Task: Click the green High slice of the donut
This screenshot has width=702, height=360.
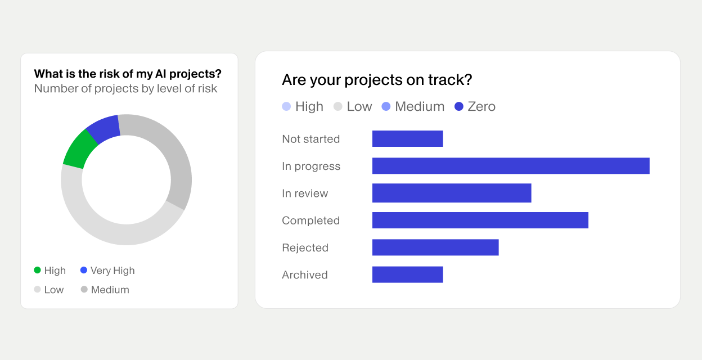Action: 78,149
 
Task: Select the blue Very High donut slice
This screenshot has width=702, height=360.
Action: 103,129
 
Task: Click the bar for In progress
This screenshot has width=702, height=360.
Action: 511,166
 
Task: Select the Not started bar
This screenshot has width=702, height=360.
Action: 407,139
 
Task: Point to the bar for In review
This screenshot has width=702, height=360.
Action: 452,193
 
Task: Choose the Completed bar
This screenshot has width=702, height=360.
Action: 480,220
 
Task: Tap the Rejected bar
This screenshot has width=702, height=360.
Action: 435,247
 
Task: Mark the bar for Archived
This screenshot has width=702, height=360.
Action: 407,274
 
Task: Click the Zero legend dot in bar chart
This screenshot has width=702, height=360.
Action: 458,106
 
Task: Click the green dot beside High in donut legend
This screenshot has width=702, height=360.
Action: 38,271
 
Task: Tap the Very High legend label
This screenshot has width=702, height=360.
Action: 112,271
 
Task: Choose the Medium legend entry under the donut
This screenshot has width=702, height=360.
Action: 110,290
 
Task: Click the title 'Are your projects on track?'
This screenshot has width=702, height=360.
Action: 377,80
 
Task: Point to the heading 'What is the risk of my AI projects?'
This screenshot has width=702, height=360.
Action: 128,74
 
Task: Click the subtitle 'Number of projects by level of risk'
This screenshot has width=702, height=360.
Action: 125,88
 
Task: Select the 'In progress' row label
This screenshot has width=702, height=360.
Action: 311,166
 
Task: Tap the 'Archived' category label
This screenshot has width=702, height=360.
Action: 305,275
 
